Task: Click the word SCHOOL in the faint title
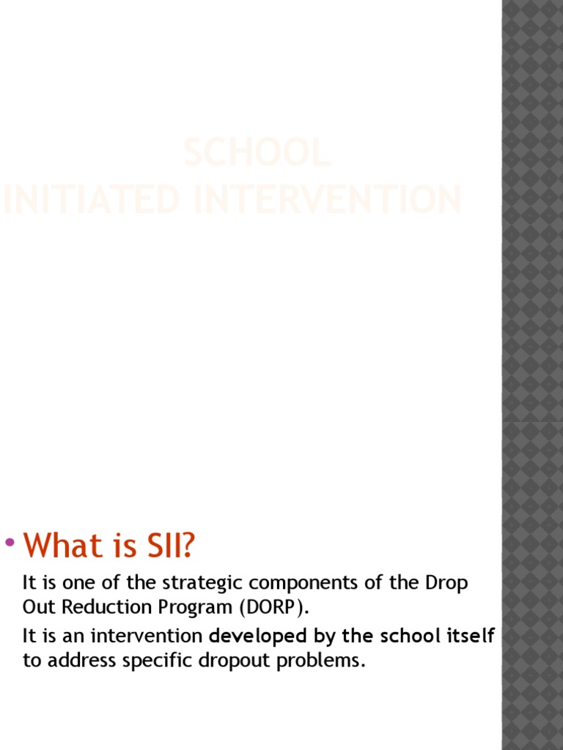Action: [x=257, y=152]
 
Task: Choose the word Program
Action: [x=191, y=609]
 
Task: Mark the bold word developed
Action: [x=257, y=636]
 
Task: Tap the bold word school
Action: [x=405, y=636]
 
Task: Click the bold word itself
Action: [x=471, y=636]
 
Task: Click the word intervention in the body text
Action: [x=147, y=636]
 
